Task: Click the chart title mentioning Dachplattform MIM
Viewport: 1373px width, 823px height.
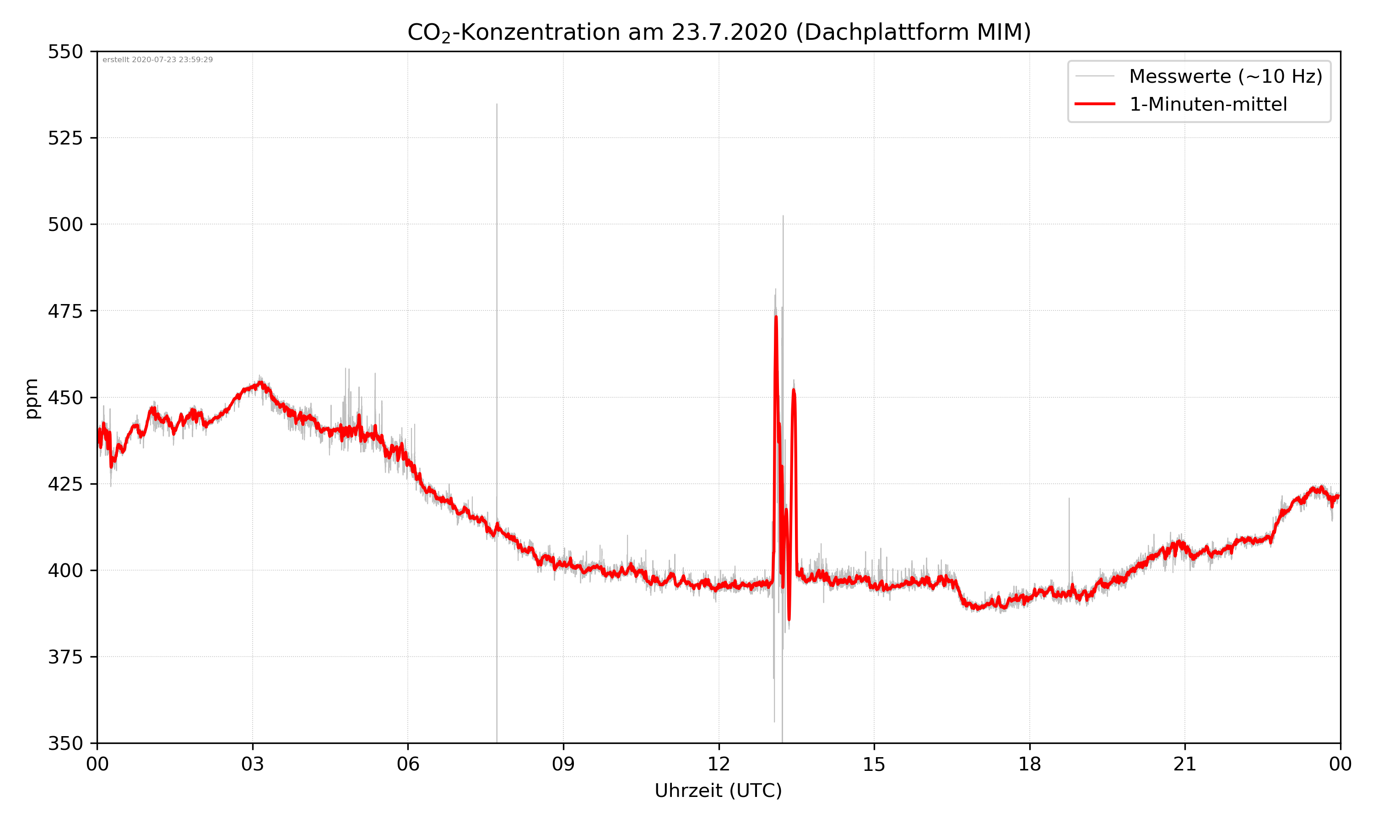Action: [x=719, y=32]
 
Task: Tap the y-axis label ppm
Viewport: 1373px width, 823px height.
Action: [x=32, y=398]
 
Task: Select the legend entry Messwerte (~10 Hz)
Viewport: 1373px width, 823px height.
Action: [x=1225, y=76]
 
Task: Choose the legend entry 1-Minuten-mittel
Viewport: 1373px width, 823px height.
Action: [x=1208, y=104]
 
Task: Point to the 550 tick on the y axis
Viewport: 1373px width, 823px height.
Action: [x=65, y=52]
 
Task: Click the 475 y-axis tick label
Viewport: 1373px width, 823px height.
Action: [x=65, y=311]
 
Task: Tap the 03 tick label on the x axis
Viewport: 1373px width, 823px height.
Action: [x=253, y=764]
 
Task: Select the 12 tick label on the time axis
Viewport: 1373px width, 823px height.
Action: [x=719, y=764]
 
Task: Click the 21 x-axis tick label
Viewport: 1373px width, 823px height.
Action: [x=1185, y=764]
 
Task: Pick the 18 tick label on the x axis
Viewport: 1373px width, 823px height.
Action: [x=1029, y=764]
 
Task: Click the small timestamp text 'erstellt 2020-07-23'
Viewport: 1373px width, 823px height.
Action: [x=157, y=60]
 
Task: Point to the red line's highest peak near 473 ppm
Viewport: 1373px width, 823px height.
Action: [x=776, y=317]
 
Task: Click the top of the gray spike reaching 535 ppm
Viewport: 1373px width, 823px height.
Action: [x=497, y=104]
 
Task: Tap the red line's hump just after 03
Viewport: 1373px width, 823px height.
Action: [x=260, y=383]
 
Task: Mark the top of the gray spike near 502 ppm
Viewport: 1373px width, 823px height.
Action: [x=783, y=216]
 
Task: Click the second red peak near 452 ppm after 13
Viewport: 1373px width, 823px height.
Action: [x=794, y=390]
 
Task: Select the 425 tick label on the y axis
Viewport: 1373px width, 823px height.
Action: [x=65, y=484]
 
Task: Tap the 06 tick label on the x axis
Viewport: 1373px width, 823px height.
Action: [x=408, y=764]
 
